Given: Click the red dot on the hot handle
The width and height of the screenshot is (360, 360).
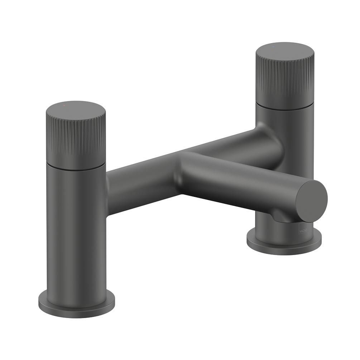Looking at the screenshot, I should pos(64,107).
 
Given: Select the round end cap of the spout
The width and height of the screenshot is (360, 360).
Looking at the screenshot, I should pos(311,201).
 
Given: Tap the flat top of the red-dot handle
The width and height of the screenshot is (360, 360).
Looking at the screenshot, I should pos(76,111).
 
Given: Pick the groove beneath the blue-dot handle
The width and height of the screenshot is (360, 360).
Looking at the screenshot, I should pos(285,105).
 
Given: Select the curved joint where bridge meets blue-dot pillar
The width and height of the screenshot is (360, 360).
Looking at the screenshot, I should pos(265,133).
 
